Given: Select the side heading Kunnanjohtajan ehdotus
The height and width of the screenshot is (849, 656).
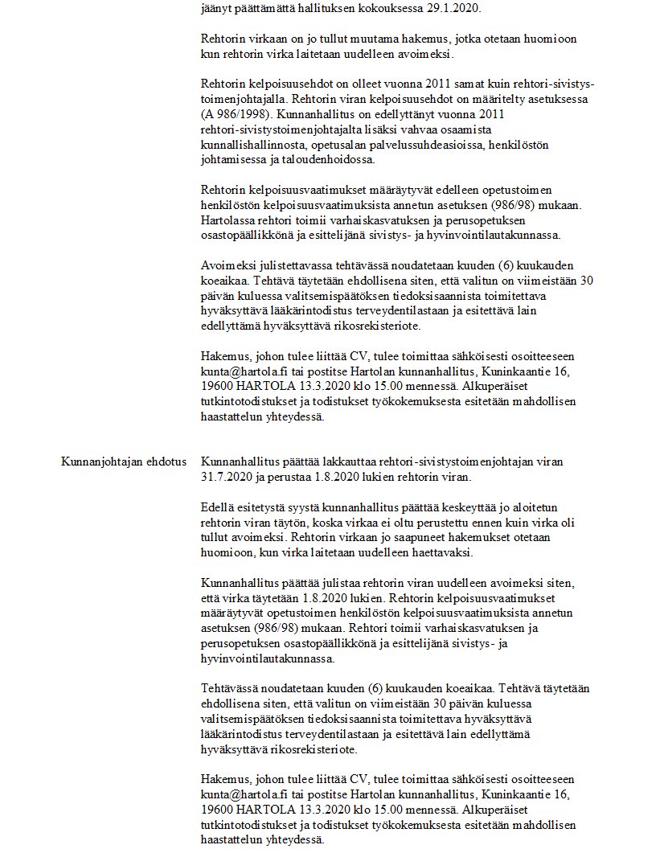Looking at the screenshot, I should click(124, 462).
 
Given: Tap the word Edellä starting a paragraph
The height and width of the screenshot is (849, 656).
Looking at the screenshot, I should click(217, 507).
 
